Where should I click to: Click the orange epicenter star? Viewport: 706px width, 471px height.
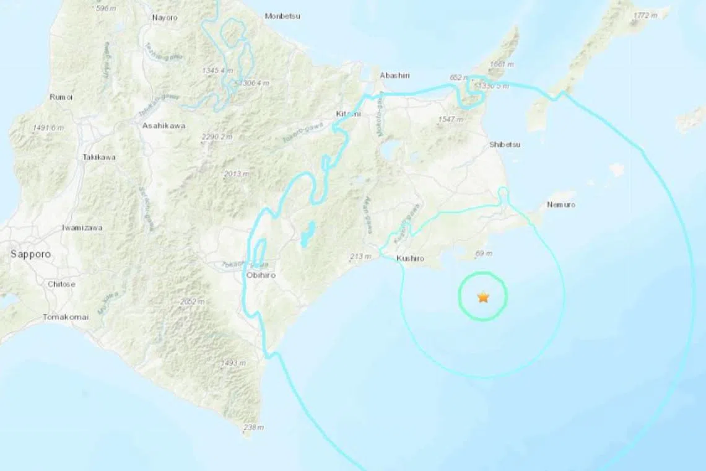[483, 297]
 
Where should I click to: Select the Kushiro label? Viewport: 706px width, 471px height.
[410, 258]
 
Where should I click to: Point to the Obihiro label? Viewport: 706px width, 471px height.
[259, 275]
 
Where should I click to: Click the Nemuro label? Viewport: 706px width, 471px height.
[562, 205]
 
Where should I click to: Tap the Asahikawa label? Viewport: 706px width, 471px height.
[163, 126]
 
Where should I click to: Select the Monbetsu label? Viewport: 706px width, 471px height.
[282, 16]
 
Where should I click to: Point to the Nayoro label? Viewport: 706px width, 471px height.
[165, 17]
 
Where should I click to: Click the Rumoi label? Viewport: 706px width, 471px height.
[61, 97]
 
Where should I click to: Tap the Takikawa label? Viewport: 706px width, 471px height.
[99, 157]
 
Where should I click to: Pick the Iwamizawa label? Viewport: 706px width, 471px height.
[82, 227]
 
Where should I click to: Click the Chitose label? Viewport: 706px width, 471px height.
[61, 284]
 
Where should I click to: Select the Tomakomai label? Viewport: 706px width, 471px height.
[66, 317]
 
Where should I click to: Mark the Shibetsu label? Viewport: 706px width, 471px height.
[505, 144]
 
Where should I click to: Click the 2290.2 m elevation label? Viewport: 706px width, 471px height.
[217, 136]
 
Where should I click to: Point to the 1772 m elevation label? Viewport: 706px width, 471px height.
[645, 15]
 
